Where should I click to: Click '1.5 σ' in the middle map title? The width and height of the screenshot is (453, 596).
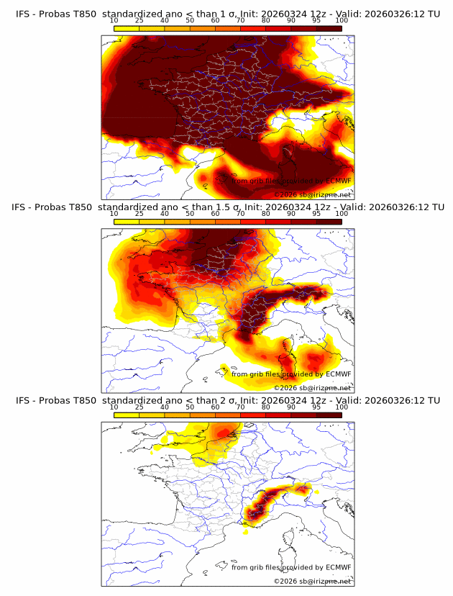click(232, 207)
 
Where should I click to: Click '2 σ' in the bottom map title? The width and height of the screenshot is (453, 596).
click(229, 400)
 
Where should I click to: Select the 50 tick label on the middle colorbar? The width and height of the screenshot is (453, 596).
click(190, 214)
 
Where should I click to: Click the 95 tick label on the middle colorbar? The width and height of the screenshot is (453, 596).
click(316, 214)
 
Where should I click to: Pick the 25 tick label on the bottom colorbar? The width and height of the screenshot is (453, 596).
click(139, 407)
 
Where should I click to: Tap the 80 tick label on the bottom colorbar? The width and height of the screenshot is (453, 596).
click(266, 407)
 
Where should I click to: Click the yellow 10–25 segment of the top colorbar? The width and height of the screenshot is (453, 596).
click(127, 29)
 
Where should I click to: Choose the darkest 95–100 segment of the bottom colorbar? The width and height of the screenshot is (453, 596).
click(329, 415)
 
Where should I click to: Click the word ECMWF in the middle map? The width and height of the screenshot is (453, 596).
click(338, 374)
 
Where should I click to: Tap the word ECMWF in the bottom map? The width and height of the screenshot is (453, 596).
click(338, 567)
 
